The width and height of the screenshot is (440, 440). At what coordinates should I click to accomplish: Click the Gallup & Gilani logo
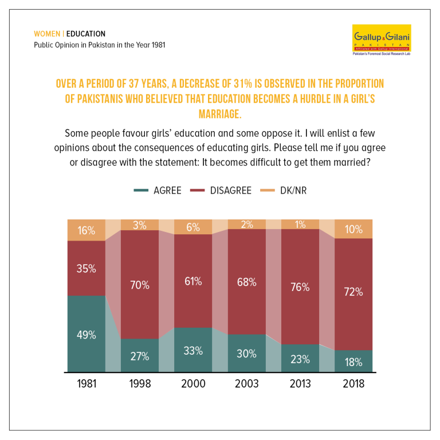(x=382, y=40)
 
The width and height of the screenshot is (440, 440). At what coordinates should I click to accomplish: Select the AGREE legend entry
(x=158, y=190)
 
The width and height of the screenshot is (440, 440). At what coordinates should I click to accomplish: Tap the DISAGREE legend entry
(x=221, y=190)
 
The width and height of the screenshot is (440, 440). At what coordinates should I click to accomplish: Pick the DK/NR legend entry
(x=284, y=190)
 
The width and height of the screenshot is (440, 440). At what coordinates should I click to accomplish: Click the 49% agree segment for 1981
(x=87, y=333)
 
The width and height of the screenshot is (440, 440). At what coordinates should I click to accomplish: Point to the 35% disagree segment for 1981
(x=87, y=268)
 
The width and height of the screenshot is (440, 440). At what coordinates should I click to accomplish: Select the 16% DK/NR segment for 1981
(x=87, y=230)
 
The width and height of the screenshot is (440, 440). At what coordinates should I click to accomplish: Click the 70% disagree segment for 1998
(x=140, y=285)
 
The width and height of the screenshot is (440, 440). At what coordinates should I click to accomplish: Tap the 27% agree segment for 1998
(x=140, y=356)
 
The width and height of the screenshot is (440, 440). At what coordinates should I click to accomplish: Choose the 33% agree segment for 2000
(x=193, y=350)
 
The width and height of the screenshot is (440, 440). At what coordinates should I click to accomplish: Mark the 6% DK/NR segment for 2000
(x=193, y=227)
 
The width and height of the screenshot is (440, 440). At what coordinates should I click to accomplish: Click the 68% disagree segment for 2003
(x=247, y=282)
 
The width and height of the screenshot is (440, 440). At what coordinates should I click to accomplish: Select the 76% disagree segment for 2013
(x=300, y=286)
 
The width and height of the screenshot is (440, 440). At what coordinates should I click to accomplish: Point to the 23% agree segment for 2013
(x=300, y=358)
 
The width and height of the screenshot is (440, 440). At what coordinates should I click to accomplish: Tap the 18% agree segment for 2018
(x=353, y=361)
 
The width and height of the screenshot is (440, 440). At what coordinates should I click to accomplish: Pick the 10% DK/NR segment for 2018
(x=353, y=229)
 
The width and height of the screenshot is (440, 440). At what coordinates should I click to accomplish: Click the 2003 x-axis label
(x=247, y=384)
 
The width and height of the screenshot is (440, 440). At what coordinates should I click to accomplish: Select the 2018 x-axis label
(x=353, y=384)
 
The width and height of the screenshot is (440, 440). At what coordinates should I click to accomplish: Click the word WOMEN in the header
(x=47, y=34)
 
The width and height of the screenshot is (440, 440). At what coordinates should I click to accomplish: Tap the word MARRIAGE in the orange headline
(x=220, y=114)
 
